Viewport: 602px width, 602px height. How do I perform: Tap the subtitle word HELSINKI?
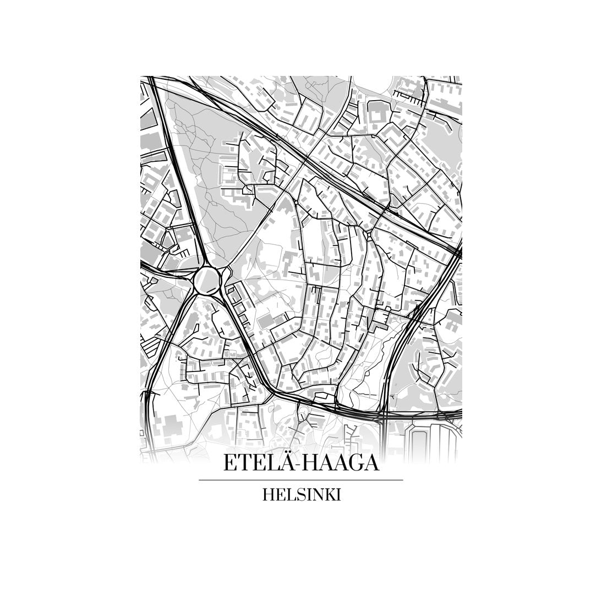coord(302,495)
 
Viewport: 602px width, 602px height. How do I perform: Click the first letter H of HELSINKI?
coord(269,495)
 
